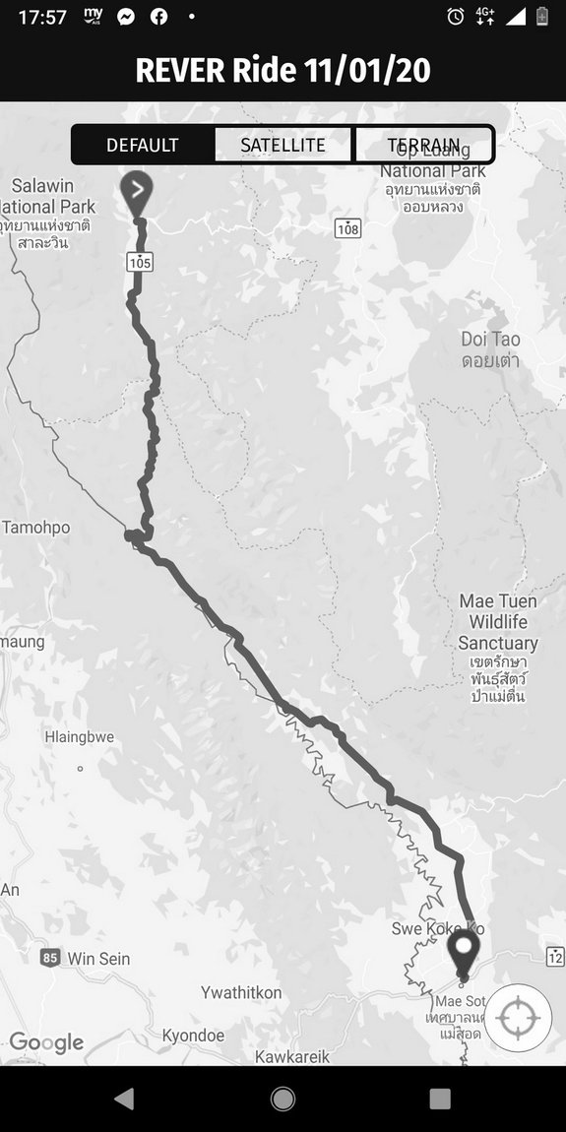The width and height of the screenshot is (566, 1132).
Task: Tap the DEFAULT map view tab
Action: [x=143, y=145]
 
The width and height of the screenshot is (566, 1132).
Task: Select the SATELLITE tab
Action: [x=283, y=145]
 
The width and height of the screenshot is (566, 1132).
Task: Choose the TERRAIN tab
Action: [x=423, y=145]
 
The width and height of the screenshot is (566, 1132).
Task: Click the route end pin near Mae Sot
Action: [x=464, y=951]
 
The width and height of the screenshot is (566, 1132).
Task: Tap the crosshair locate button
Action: [x=518, y=1018]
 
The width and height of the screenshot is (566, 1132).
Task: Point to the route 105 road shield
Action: [x=140, y=262]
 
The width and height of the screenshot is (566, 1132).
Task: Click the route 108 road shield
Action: [x=347, y=228]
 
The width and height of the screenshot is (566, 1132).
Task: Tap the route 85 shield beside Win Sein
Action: [x=51, y=957]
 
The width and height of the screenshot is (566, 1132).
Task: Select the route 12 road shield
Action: [x=555, y=956]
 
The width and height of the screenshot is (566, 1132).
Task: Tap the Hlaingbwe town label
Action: [x=80, y=736]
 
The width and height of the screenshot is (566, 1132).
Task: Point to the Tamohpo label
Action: [x=36, y=528]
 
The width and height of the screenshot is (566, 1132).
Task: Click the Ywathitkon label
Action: [x=241, y=992]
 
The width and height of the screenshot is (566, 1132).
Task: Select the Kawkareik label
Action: [x=291, y=1057]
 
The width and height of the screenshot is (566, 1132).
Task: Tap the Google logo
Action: [x=46, y=1042]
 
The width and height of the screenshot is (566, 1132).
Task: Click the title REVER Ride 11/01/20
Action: [x=283, y=71]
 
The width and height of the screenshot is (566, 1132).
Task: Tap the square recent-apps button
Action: [x=440, y=1099]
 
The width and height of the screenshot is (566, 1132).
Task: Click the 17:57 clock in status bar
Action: [x=42, y=17]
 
